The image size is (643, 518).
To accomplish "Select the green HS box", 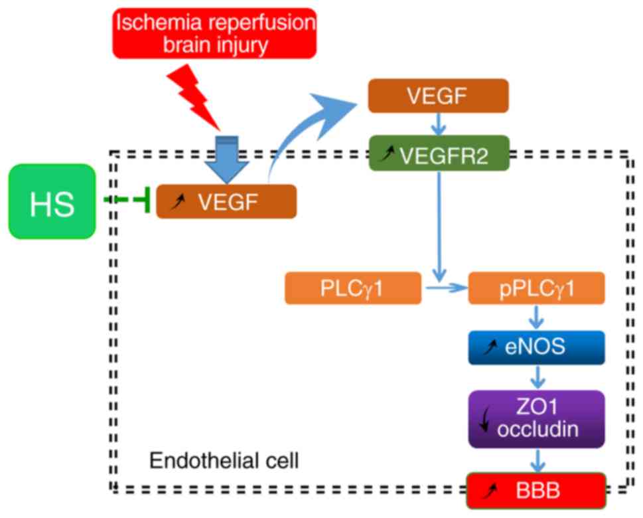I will tap(52, 201).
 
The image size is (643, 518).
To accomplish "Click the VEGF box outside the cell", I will tap(437, 96).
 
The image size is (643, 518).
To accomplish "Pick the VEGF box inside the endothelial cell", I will tap(226, 201).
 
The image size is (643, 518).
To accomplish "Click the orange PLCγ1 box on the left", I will tap(352, 288).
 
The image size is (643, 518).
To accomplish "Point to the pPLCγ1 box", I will tap(536, 288).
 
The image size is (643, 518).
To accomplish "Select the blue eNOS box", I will tap(536, 347).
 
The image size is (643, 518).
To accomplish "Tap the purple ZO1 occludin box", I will tap(536, 418).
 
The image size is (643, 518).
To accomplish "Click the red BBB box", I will tap(536, 491).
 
